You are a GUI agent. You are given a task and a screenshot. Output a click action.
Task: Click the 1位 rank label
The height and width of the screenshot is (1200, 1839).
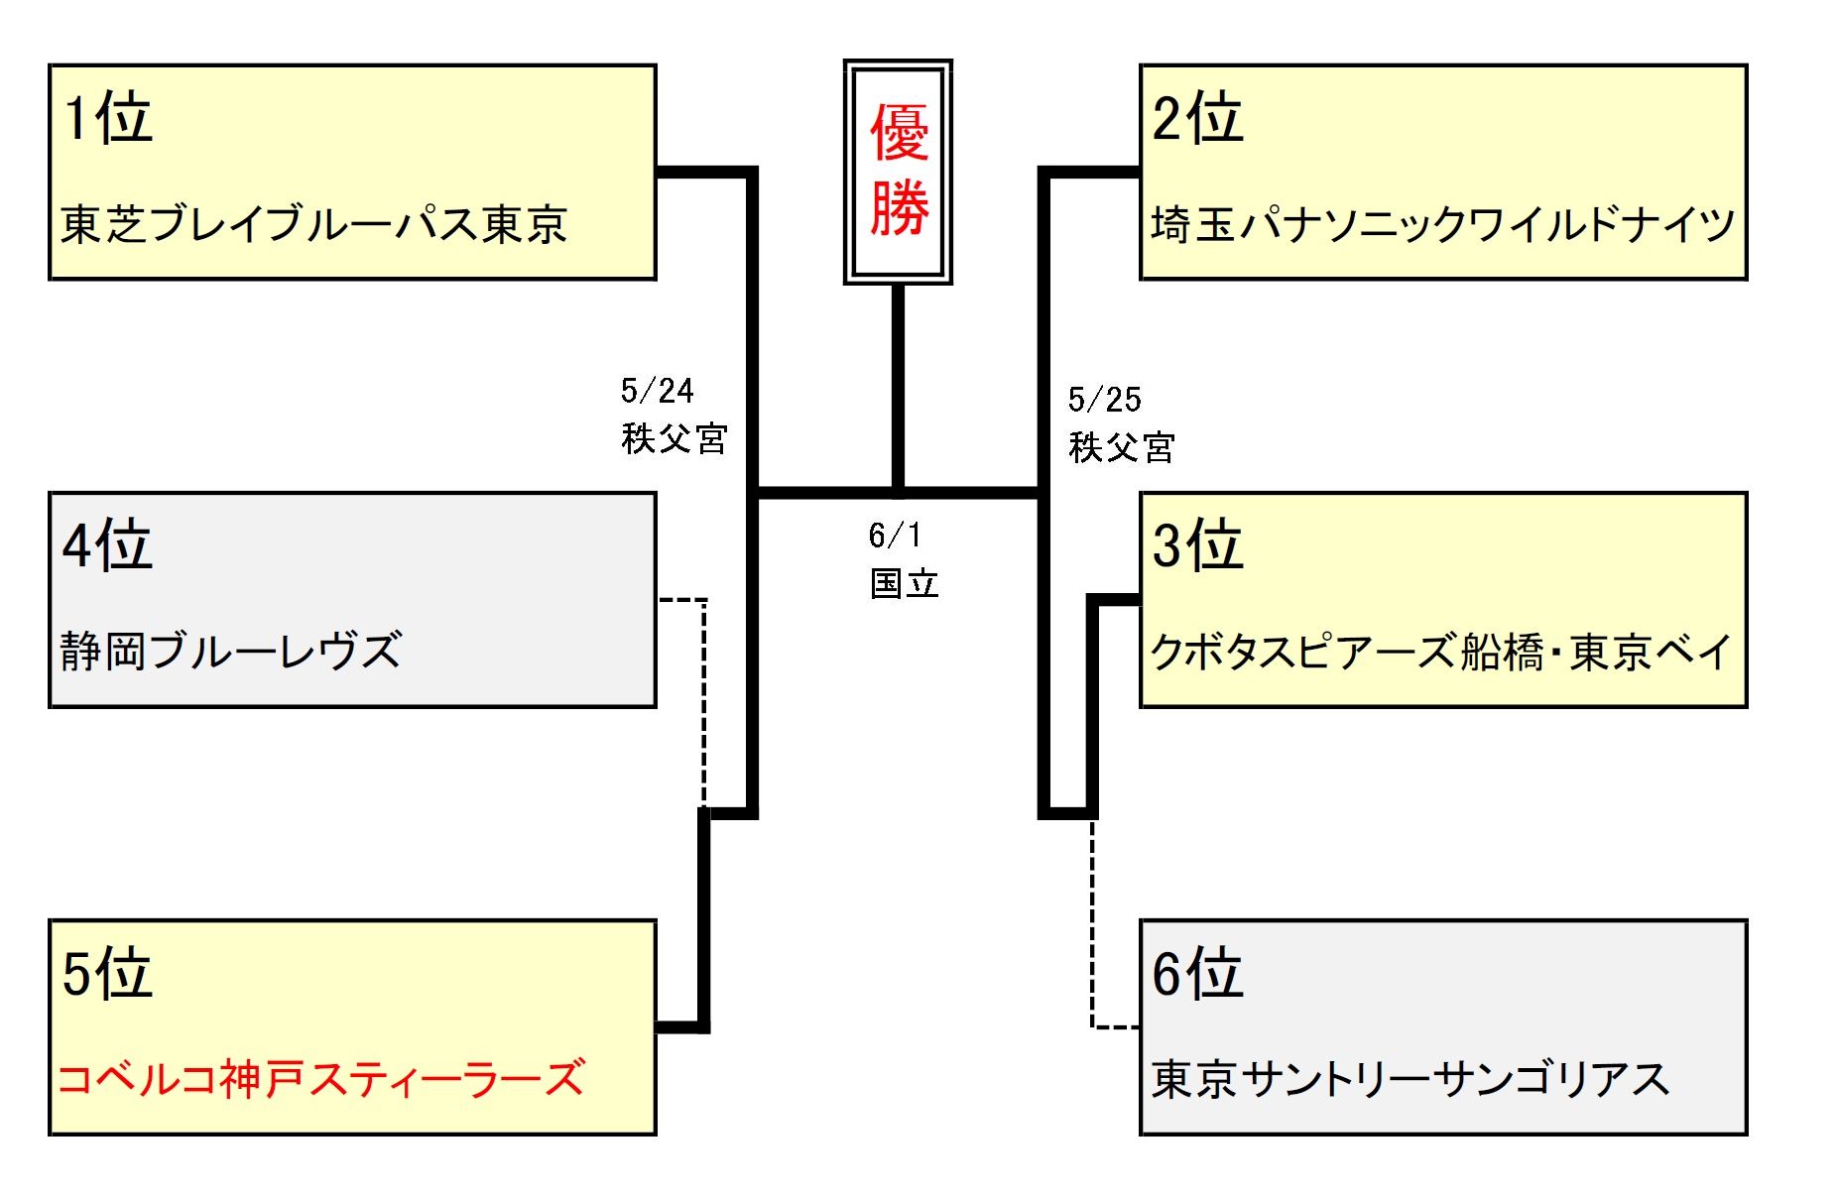107,119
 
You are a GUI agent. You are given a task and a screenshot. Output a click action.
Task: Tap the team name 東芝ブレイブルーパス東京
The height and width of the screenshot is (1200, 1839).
313,224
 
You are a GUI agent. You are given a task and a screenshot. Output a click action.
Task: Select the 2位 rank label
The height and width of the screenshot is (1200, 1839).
1197,119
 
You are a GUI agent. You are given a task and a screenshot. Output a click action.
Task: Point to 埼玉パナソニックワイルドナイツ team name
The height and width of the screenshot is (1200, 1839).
1443,224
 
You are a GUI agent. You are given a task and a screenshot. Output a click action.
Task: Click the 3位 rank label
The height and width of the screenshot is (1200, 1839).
1197,545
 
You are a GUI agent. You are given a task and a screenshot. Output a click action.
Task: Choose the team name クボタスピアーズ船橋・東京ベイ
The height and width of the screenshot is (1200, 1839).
1440,652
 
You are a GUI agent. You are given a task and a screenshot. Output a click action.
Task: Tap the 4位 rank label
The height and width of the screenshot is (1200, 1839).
107,545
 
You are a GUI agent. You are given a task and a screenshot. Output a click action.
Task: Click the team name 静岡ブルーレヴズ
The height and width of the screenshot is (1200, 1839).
231,652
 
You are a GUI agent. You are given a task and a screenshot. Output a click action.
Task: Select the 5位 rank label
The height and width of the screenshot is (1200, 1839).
107,973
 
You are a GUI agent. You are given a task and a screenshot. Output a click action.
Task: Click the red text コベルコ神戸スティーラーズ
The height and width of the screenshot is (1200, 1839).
321,1079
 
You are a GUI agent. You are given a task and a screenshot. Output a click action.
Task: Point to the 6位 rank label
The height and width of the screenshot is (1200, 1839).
1197,973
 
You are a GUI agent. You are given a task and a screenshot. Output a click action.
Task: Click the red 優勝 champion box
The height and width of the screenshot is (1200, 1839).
899,172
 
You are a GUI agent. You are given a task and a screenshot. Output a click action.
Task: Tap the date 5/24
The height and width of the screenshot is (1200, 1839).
657,391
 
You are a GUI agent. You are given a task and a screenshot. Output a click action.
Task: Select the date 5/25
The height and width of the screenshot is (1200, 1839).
1104,400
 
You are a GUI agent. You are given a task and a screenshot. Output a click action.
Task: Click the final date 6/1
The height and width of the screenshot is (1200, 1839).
895,536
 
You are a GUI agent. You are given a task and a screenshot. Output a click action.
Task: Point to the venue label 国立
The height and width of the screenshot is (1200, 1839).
904,583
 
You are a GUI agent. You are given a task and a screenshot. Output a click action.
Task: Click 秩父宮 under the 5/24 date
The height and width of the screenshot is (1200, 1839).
674,438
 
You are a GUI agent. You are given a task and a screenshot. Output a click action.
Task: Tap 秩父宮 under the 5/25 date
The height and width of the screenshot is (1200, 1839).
1122,447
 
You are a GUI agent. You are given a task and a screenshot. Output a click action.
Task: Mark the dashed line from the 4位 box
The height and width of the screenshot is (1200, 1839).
704,694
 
